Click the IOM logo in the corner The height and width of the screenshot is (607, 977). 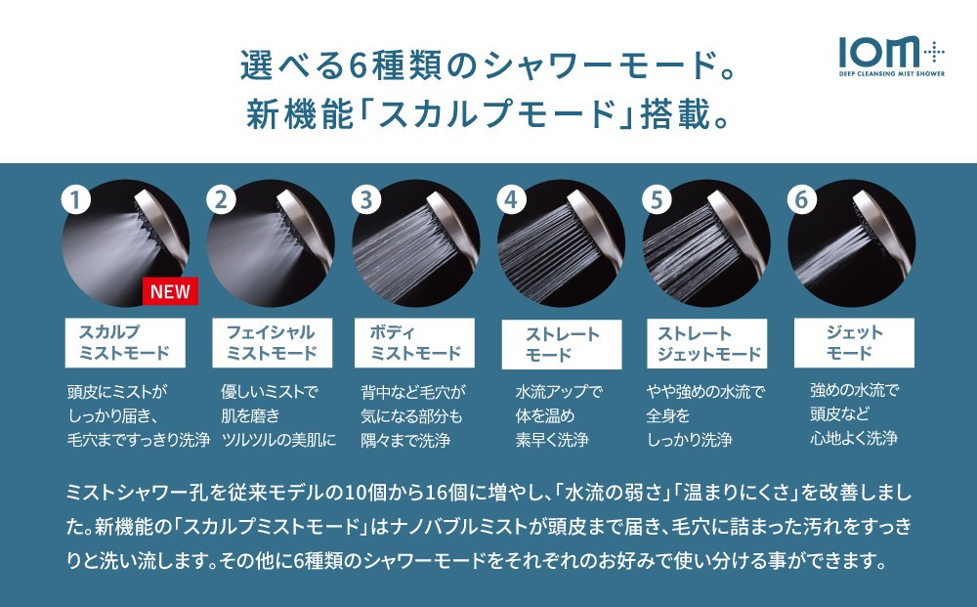[x=892, y=56]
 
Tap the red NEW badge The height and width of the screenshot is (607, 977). [x=170, y=291]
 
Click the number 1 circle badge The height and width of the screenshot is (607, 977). [x=76, y=200]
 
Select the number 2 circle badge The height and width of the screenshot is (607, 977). [x=221, y=200]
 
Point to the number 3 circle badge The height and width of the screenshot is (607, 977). [x=366, y=200]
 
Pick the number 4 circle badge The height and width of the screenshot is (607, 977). [x=512, y=200]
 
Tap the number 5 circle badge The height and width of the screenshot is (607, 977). [x=657, y=200]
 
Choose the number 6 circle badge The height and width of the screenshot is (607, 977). [x=802, y=200]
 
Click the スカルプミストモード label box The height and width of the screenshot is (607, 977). [x=125, y=343]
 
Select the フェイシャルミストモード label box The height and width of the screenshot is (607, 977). [x=273, y=343]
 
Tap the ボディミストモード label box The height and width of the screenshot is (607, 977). [x=414, y=343]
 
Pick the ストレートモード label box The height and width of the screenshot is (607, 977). [x=562, y=344]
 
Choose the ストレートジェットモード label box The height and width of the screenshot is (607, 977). [x=706, y=343]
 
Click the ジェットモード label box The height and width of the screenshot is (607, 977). [x=854, y=343]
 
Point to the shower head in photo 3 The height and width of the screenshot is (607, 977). [x=450, y=231]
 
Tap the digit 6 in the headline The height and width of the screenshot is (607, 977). [x=357, y=66]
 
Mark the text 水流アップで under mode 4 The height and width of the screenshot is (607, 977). [x=559, y=391]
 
